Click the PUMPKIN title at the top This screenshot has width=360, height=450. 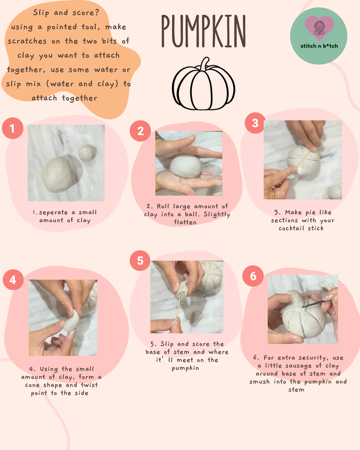pyautogui.click(x=203, y=31)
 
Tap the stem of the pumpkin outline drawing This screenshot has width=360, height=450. pyautogui.click(x=204, y=64)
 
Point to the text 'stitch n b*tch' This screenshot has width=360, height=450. pyautogui.click(x=319, y=46)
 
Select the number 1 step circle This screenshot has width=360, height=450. pyautogui.click(x=12, y=128)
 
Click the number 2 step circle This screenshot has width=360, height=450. pyautogui.click(x=140, y=131)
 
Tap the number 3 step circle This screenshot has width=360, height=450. pyautogui.click(x=255, y=123)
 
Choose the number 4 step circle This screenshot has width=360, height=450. pyautogui.click(x=13, y=280)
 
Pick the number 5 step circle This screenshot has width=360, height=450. pyautogui.click(x=140, y=261)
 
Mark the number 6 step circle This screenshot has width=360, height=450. pyautogui.click(x=253, y=276)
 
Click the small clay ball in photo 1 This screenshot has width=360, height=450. pyautogui.click(x=87, y=153)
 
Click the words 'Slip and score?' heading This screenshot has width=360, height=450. pyautogui.click(x=66, y=13)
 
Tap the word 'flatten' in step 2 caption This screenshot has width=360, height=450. pyautogui.click(x=185, y=222)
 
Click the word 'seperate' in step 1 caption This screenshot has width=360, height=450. pyautogui.click(x=53, y=212)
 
